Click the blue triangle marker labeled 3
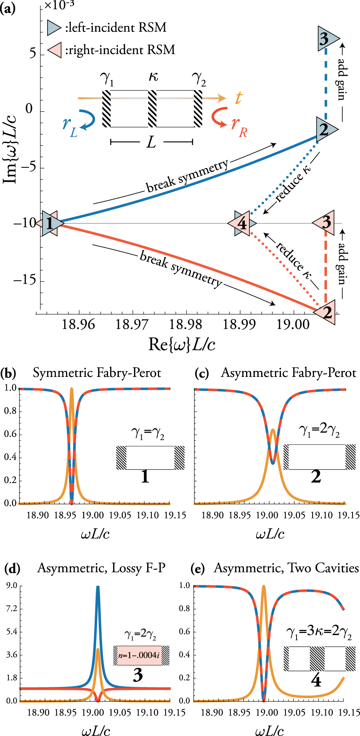(x=326, y=39)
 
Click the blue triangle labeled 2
(x=325, y=129)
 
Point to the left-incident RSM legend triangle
(x=54, y=28)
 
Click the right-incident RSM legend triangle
(x=55, y=50)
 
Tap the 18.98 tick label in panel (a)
(x=185, y=325)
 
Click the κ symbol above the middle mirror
(x=153, y=76)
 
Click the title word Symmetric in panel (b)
(x=63, y=373)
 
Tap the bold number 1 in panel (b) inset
(x=145, y=477)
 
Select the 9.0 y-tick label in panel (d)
(x=12, y=585)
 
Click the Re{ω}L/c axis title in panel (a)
(x=182, y=344)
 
